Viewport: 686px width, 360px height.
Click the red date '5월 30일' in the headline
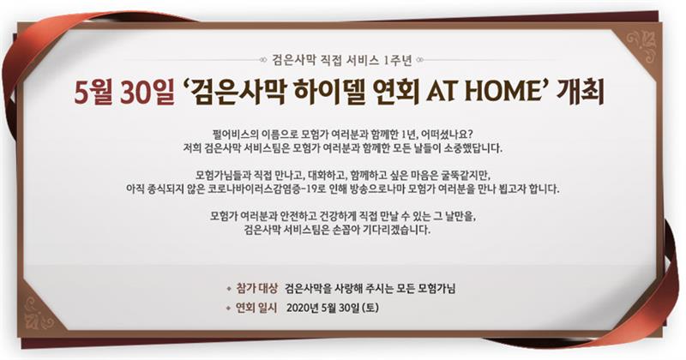pyautogui.click(x=123, y=93)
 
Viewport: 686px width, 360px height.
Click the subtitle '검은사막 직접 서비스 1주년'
pyautogui.click(x=342, y=60)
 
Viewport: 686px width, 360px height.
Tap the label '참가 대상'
pyautogui.click(x=256, y=288)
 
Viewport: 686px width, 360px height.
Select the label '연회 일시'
pyautogui.click(x=256, y=308)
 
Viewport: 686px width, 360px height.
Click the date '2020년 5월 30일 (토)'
pyautogui.click(x=333, y=308)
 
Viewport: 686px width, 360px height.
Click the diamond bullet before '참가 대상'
pyautogui.click(x=228, y=289)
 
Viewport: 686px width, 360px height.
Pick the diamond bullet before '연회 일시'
pyautogui.click(x=228, y=309)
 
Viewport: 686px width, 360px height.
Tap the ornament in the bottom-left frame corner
pyautogui.click(x=40, y=312)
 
